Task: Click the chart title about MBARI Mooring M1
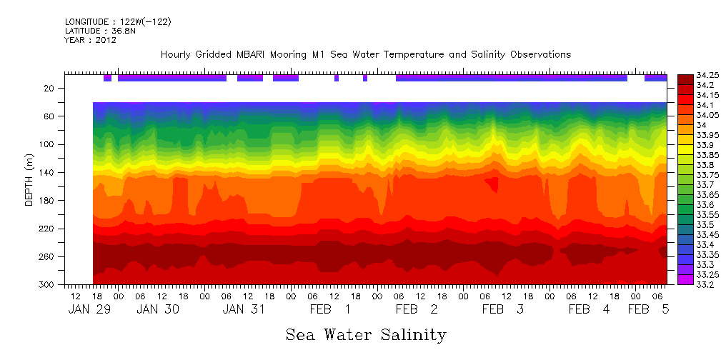[x=365, y=54]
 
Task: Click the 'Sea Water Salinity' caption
[x=366, y=334]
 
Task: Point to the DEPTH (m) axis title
[x=29, y=186]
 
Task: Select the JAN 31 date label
[x=244, y=310]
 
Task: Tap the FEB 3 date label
[x=503, y=310]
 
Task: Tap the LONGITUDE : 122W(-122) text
[x=118, y=22]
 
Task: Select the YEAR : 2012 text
[x=90, y=40]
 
